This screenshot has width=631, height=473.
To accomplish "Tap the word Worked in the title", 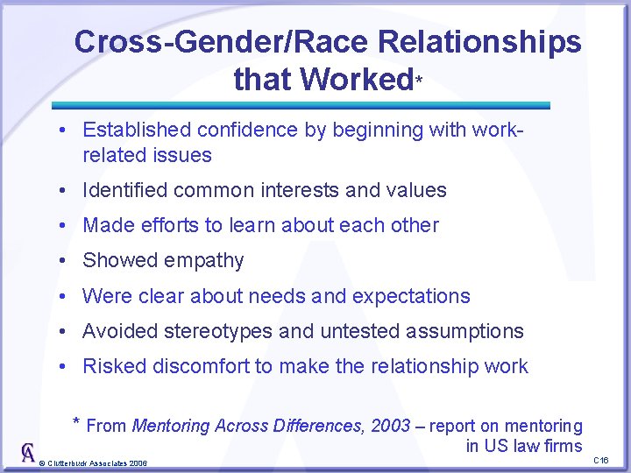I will click(356, 80).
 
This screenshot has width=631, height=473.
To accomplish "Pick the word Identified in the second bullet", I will click(124, 190).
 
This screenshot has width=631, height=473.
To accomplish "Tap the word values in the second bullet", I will click(420, 190).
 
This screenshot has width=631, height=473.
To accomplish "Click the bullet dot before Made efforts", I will click(65, 226).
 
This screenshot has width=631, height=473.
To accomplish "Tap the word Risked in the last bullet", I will click(113, 366).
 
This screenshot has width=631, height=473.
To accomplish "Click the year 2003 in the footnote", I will click(390, 426).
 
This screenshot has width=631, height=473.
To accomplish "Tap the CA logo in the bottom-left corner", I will click(27, 452).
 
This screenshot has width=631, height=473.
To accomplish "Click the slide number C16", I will click(601, 460).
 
